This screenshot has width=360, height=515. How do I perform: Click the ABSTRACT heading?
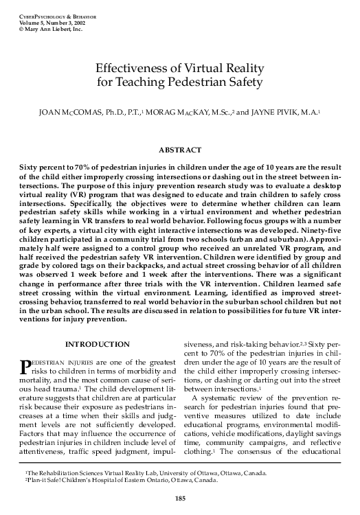point(179,150)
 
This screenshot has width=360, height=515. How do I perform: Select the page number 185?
point(180,497)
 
